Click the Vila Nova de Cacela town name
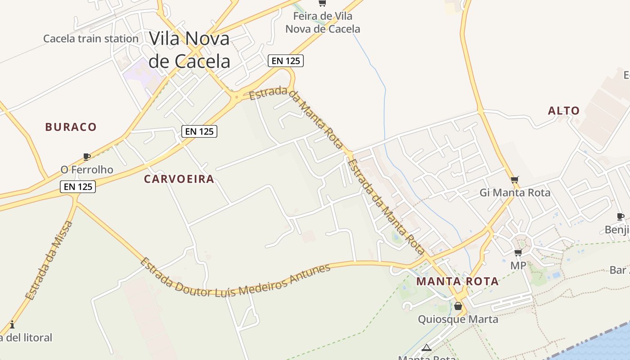coord(189,49)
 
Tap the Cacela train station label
coord(91,39)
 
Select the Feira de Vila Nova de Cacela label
coord(323,22)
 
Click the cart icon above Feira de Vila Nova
coord(322,4)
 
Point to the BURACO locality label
coord(71,127)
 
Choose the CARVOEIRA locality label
coord(179,179)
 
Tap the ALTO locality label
coord(564,111)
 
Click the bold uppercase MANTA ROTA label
coord(457,282)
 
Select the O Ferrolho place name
coord(87,170)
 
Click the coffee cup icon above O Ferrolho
coord(87,157)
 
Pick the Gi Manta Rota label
coord(515,193)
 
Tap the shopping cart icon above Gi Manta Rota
coord(515,180)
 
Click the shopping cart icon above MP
coord(518,252)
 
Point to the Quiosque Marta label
coord(458,319)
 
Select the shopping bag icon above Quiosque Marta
coord(458,306)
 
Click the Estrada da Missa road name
coord(49,261)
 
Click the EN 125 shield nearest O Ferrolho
coord(78,186)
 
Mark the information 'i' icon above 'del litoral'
coord(12,324)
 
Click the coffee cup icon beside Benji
coord(621,216)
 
